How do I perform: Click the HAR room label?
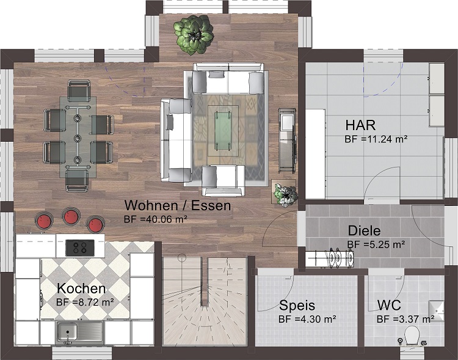point(360,125)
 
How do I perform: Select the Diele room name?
point(364,231)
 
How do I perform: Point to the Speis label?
point(297,306)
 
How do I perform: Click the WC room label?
point(389,306)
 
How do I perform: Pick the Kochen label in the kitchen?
point(81,288)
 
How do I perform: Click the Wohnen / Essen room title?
point(178,205)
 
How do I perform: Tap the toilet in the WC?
point(412,336)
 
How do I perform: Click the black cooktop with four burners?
point(80,248)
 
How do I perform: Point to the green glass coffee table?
point(224,130)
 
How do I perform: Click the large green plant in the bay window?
point(194,35)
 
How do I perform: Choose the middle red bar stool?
point(70,216)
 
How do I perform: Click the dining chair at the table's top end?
point(78,90)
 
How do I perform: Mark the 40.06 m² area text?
point(156,219)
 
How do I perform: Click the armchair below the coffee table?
point(224,180)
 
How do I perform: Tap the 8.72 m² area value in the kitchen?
point(85,302)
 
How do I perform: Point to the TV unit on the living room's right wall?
point(287,141)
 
